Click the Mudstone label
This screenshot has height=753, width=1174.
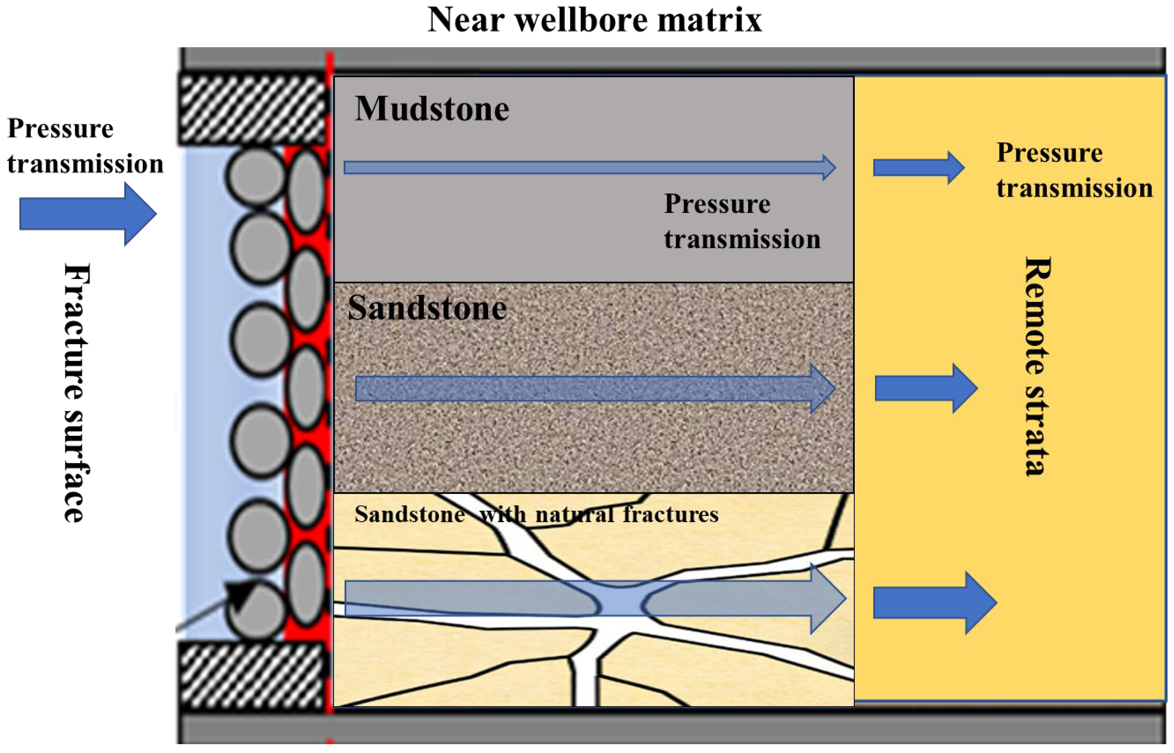pyautogui.click(x=432, y=108)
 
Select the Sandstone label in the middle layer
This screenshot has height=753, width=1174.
pyautogui.click(x=426, y=308)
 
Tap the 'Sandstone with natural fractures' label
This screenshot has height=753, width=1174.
pyautogui.click(x=536, y=514)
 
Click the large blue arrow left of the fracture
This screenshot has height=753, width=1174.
pyautogui.click(x=88, y=214)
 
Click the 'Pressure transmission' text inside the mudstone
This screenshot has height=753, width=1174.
pyautogui.click(x=742, y=221)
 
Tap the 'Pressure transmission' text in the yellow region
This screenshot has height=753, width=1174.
pyautogui.click(x=1074, y=170)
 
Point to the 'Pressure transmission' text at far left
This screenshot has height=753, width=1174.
pyautogui.click(x=84, y=146)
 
